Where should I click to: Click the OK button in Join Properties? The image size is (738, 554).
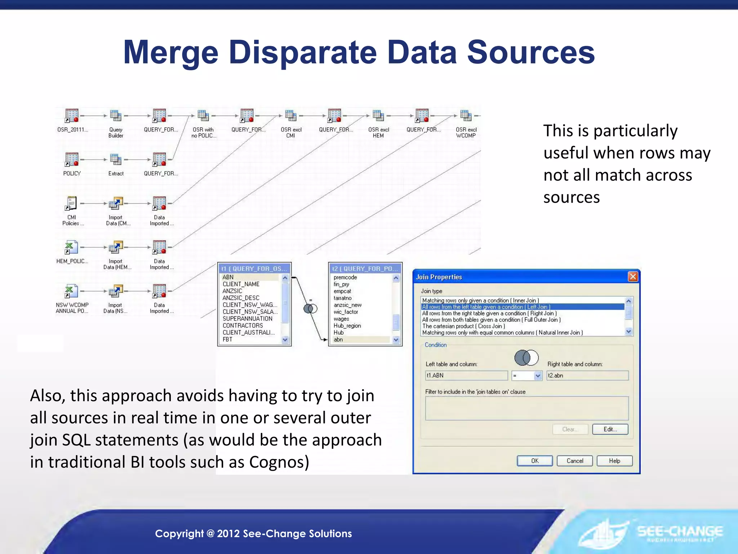coord(535,461)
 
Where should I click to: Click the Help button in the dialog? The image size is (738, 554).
coord(614,461)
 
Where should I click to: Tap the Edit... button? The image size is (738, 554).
coord(610,429)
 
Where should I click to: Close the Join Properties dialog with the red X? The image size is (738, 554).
coord(633,277)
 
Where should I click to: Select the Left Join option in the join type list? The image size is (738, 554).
coord(486,307)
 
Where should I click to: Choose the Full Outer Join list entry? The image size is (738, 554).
coord(492,320)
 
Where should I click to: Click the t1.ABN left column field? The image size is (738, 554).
coord(466,375)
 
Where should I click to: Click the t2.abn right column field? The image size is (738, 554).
coord(587,375)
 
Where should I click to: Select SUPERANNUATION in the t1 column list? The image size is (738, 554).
coord(248,318)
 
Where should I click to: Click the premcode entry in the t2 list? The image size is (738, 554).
coord(345,277)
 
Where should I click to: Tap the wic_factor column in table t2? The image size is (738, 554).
coord(346,312)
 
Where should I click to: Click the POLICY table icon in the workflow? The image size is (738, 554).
coord(72,159)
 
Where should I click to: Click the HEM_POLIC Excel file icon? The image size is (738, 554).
coord(71,247)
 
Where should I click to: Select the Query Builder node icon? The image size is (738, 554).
coord(116,116)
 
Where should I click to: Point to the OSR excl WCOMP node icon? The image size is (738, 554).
coord(466,116)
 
